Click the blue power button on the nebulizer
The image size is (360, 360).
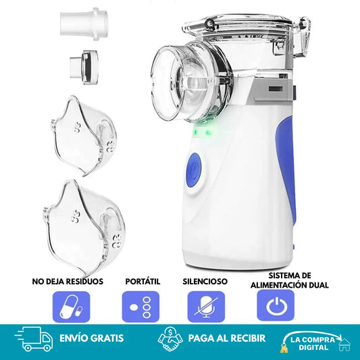(195, 170)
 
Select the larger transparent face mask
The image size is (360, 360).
(84, 228)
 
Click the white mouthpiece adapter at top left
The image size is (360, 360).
(84, 24)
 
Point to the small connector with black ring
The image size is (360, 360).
(84, 67)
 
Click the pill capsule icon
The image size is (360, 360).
(71, 307)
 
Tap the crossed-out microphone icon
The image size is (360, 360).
(206, 307)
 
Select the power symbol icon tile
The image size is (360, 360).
(276, 305)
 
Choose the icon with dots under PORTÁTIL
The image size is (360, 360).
(140, 307)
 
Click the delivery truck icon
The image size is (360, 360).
(34, 339)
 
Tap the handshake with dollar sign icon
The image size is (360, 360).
(170, 338)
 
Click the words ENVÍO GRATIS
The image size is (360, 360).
(92, 338)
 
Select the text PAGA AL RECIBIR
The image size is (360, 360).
(227, 338)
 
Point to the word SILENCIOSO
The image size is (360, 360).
(205, 281)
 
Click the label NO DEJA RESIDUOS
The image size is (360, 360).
(68, 282)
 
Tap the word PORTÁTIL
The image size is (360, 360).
(143, 281)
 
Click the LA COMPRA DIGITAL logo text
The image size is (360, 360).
(313, 344)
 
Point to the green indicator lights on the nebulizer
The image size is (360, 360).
(202, 132)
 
